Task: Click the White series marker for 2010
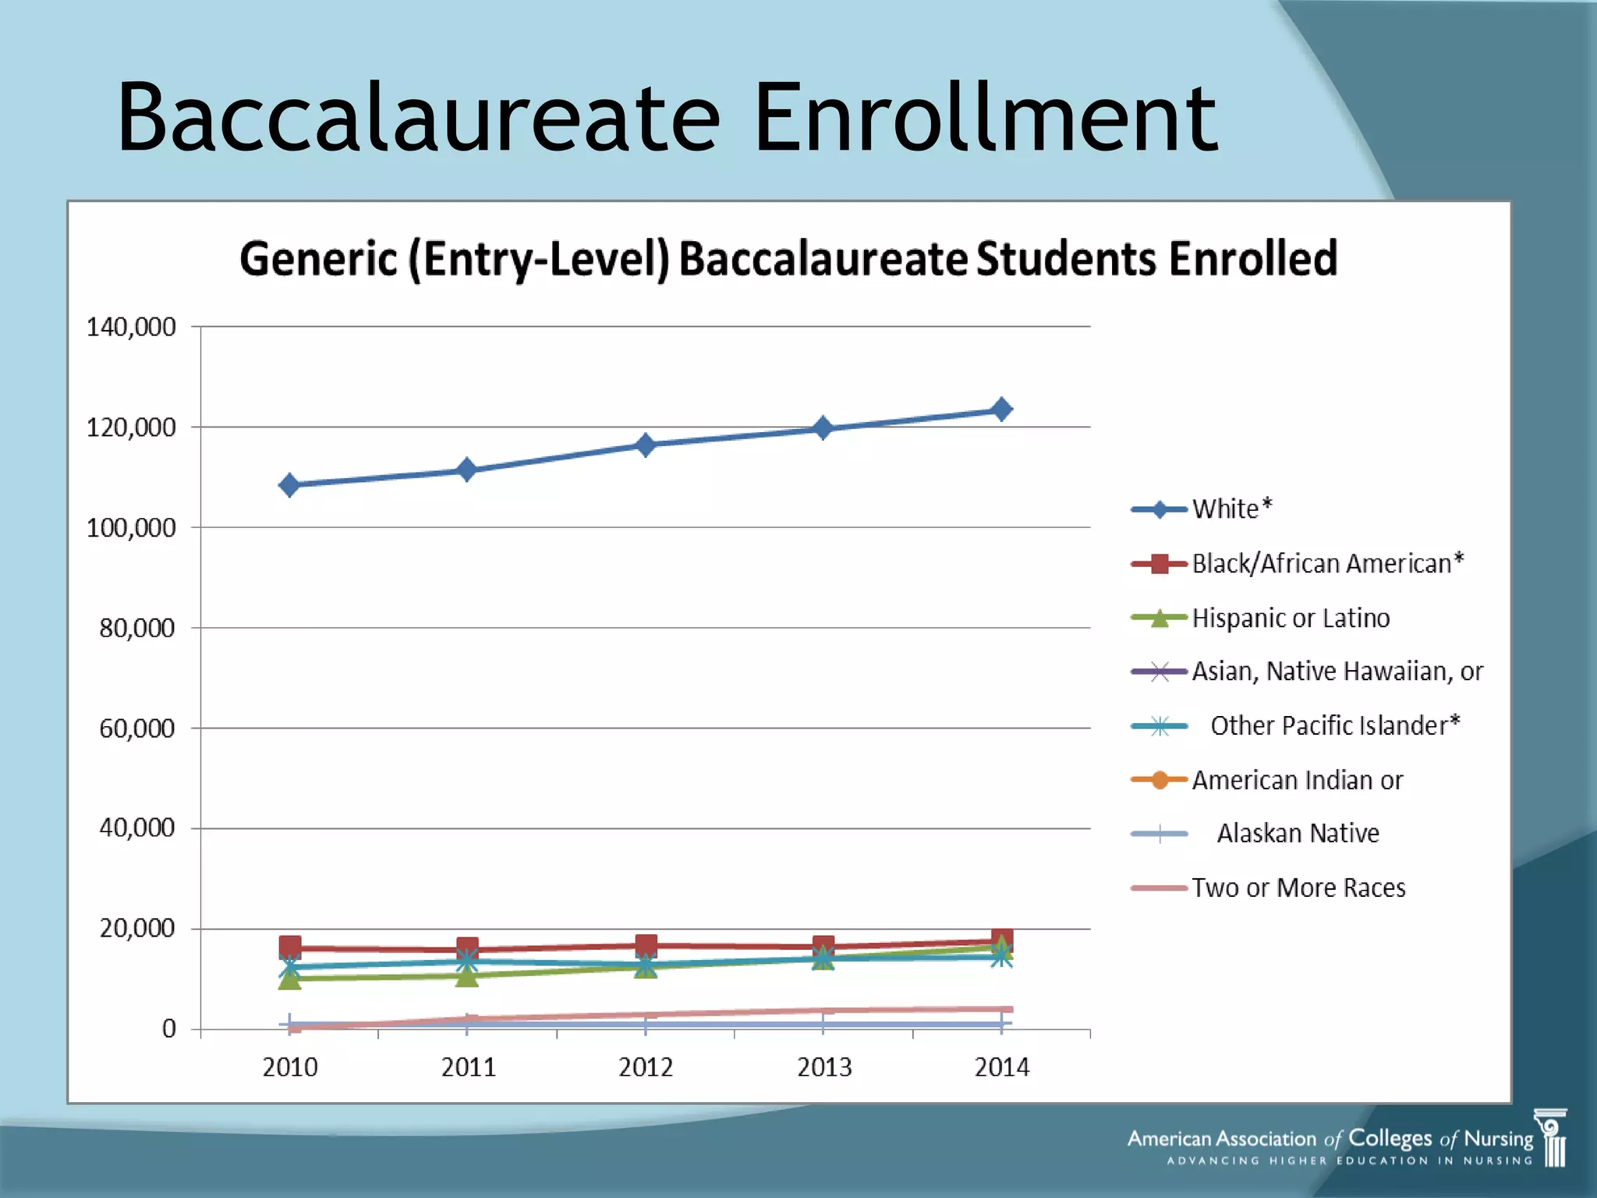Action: click(x=289, y=485)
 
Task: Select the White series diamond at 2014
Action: click(x=1002, y=409)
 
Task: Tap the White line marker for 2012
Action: click(x=646, y=445)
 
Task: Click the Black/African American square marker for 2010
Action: click(x=290, y=948)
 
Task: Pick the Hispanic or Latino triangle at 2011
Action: click(x=467, y=976)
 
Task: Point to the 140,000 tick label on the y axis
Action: click(x=131, y=327)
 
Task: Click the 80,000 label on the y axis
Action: click(x=137, y=628)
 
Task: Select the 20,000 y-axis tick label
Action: click(x=137, y=928)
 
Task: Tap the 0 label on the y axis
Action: click(x=169, y=1029)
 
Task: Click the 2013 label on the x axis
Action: click(x=824, y=1067)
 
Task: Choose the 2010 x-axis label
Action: click(x=290, y=1067)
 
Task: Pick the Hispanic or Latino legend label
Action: click(x=1291, y=618)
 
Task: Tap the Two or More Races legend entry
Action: click(x=1298, y=888)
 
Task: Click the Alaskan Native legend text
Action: click(x=1298, y=833)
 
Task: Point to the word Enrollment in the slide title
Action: click(x=984, y=119)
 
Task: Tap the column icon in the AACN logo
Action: click(x=1552, y=1138)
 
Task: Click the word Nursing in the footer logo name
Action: click(x=1498, y=1139)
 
